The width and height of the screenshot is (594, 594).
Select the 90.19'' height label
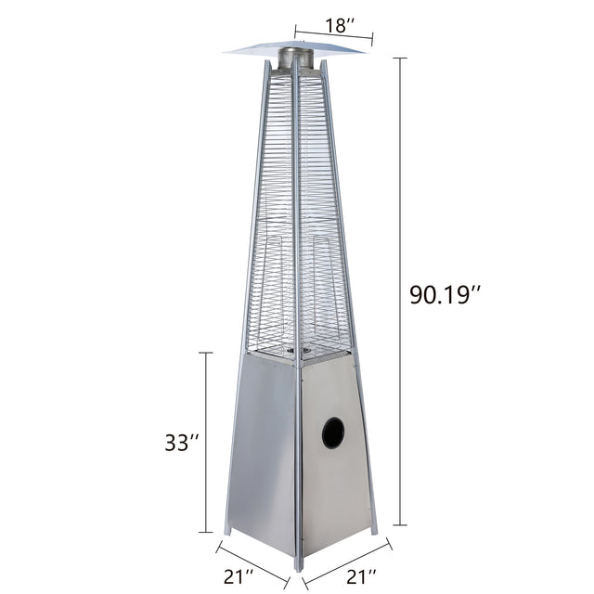pyautogui.click(x=445, y=295)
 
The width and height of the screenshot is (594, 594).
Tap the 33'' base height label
pyautogui.click(x=182, y=443)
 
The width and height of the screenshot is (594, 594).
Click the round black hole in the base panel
pyautogui.click(x=332, y=433)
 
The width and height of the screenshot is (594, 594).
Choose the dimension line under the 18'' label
pyautogui.click(x=333, y=36)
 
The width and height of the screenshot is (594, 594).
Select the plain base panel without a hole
pyautogui.click(x=262, y=455)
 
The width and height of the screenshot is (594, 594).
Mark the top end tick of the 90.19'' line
pyautogui.click(x=401, y=58)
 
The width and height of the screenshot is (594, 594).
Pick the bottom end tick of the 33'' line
pyautogui.click(x=206, y=532)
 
